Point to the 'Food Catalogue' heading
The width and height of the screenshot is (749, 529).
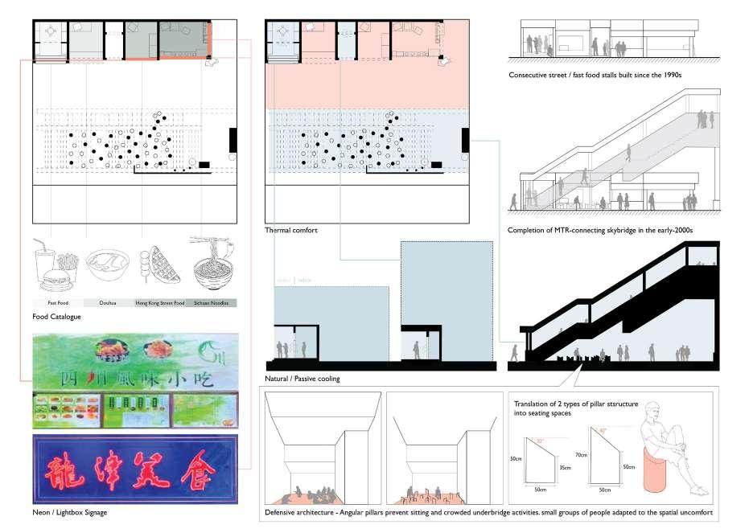point(57,317)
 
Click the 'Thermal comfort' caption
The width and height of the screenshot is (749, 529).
point(291,231)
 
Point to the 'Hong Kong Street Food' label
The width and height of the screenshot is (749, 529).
point(161,303)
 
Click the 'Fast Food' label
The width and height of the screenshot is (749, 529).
point(58,303)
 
